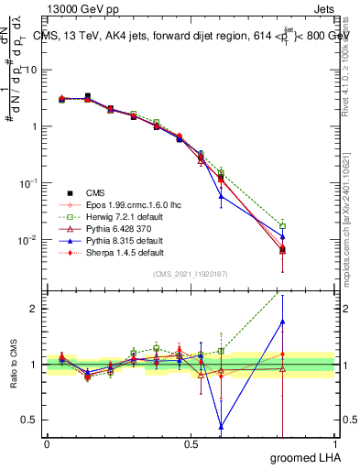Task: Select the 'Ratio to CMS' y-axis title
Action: tap(13, 366)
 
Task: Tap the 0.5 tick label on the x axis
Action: tap(191, 445)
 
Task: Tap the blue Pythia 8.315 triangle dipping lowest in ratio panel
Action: tap(221, 426)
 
